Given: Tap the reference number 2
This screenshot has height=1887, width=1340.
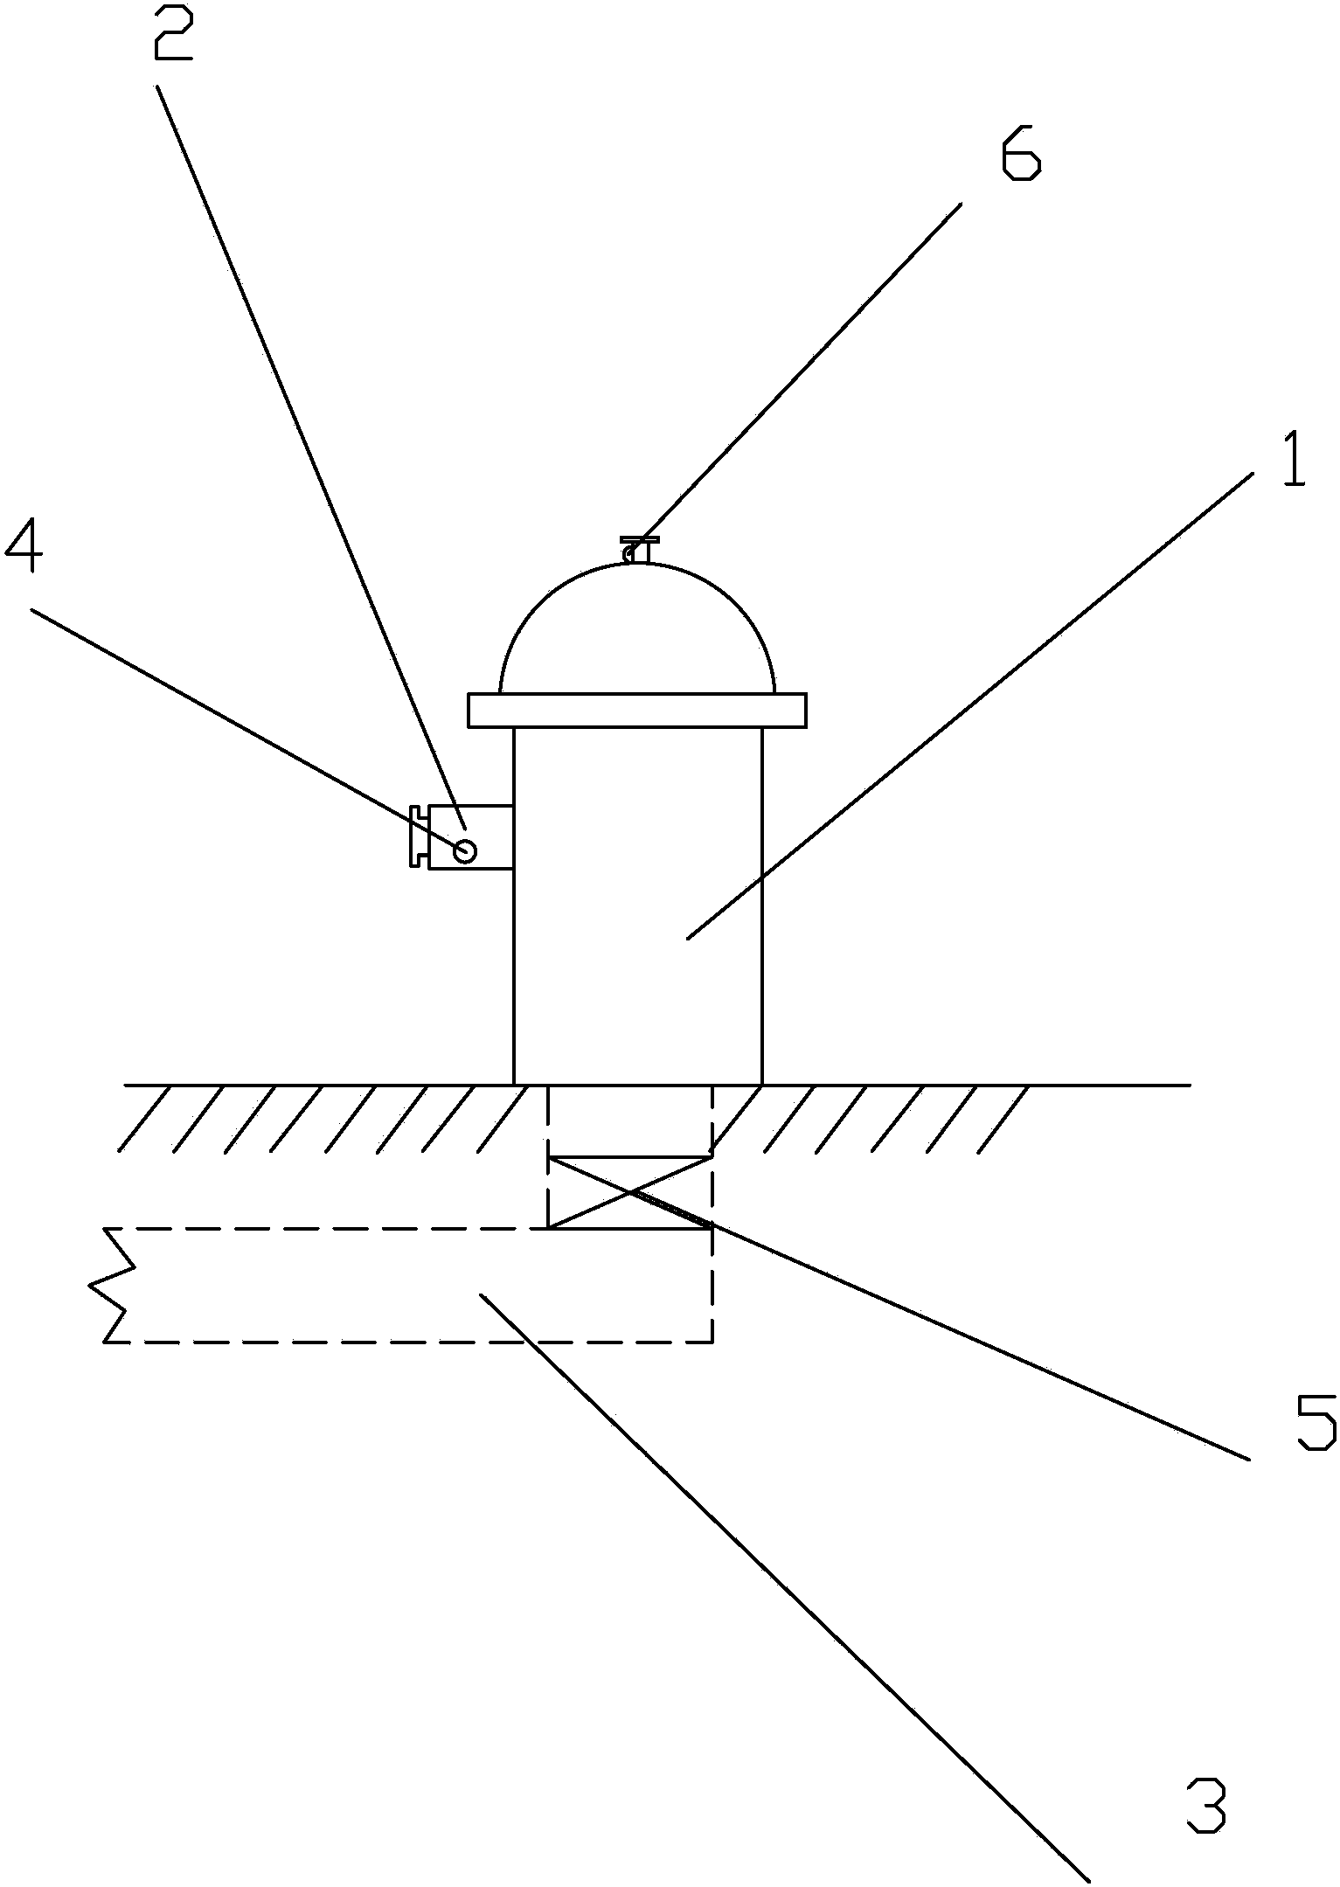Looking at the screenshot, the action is point(173,31).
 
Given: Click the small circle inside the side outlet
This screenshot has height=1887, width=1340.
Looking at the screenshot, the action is point(465,850).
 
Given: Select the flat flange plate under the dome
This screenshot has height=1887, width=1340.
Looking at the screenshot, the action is point(636,711).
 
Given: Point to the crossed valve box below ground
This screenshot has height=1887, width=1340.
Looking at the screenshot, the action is point(629,1191).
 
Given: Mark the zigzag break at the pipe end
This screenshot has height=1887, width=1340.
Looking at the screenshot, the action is point(113,1284).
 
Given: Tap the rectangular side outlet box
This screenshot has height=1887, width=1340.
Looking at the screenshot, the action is point(469,836).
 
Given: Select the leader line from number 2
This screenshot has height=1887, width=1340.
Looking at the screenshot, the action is point(311,456).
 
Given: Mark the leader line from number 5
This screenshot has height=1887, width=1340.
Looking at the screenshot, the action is point(940,1325).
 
